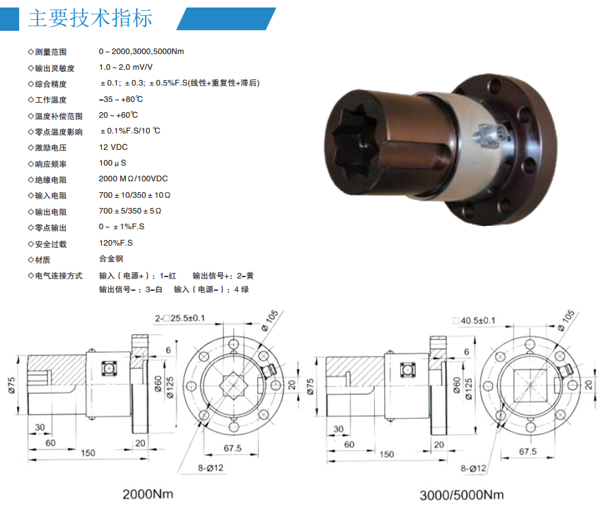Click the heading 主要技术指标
pyautogui.click(x=90, y=18)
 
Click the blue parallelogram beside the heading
pyautogui.click(x=226, y=18)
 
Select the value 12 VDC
pyautogui.click(x=114, y=147)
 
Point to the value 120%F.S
pyautogui.click(x=116, y=243)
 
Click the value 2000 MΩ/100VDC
pyautogui.click(x=133, y=179)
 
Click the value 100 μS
pyautogui.click(x=112, y=163)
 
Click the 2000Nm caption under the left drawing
pyautogui.click(x=148, y=494)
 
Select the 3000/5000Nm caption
pyautogui.click(x=462, y=495)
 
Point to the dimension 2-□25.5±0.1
pyautogui.click(x=180, y=318)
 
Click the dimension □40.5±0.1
pyautogui.click(x=474, y=321)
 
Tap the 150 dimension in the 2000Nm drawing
pyautogui.click(x=88, y=453)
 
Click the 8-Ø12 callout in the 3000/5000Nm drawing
pyautogui.click(x=473, y=469)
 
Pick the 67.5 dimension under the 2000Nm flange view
pyautogui.click(x=233, y=448)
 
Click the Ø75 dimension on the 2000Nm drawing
pyautogui.click(x=11, y=386)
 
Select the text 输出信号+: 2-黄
pyautogui.click(x=223, y=276)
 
